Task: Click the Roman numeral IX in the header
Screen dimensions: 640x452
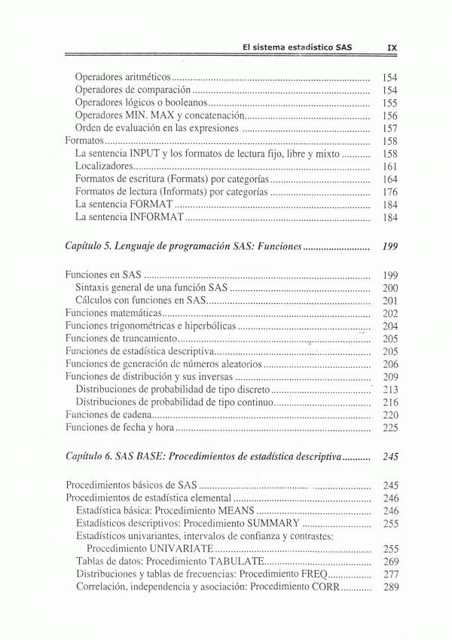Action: click(x=391, y=47)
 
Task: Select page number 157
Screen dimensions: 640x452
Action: click(x=389, y=129)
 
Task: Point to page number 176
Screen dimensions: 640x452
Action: click(x=389, y=192)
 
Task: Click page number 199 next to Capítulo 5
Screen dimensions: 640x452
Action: click(x=389, y=247)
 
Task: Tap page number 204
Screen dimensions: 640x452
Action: click(x=389, y=326)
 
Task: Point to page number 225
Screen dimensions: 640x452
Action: click(x=389, y=427)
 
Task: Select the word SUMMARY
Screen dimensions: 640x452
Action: click(x=270, y=524)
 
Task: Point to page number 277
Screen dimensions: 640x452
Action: click(x=389, y=575)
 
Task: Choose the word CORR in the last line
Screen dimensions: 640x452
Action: click(x=325, y=588)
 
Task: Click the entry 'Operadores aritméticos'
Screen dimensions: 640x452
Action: click(x=124, y=78)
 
